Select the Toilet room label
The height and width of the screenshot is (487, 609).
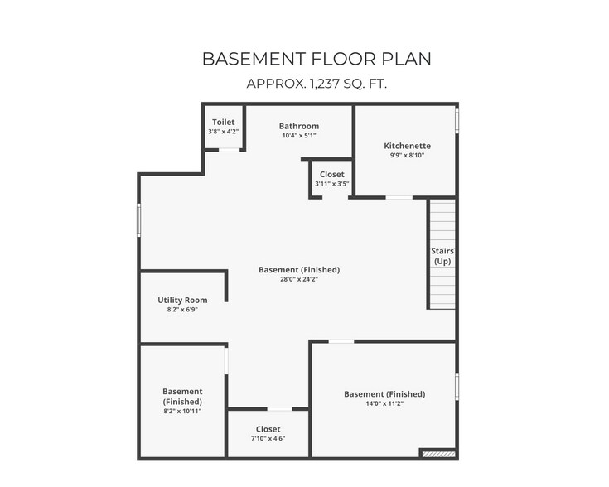(223, 122)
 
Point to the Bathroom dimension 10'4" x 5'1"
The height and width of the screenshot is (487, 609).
(298, 135)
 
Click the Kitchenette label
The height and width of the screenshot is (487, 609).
(407, 146)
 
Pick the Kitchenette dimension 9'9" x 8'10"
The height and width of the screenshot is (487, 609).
(407, 155)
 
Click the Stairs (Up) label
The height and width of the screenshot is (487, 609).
(442, 256)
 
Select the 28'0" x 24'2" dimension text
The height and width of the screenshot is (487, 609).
(299, 279)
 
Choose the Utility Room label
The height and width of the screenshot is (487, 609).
(182, 300)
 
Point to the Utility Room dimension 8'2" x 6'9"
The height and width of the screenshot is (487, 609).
(182, 310)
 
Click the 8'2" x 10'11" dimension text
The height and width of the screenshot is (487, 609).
(182, 411)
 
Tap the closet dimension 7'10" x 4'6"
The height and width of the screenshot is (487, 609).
(268, 439)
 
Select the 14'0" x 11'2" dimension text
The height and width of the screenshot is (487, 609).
(384, 404)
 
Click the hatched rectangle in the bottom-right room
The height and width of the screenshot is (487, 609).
(438, 453)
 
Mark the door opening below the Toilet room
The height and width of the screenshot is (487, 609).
(230, 150)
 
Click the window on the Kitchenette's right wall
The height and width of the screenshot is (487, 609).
(457, 121)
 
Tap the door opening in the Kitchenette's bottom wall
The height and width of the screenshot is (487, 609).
(399, 197)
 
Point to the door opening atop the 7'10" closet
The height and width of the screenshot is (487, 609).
(279, 408)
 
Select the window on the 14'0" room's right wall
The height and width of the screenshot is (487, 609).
(457, 387)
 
